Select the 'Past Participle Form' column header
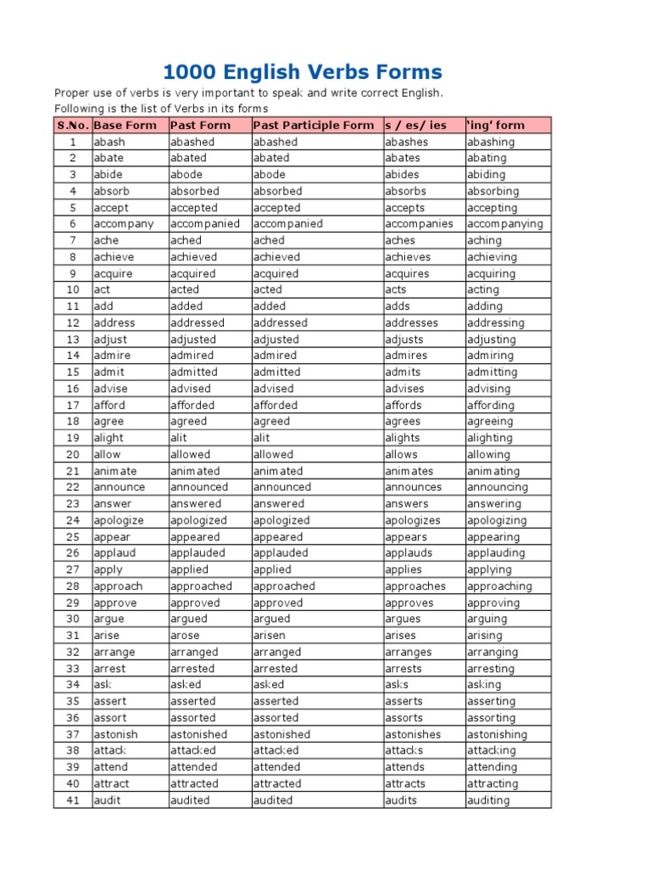coord(313,125)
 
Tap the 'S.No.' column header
coord(73,125)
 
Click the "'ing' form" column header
coord(496,125)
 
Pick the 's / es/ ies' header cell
coord(415,125)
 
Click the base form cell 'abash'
coord(109,142)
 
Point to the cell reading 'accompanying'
coord(504,224)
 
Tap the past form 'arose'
coord(186,636)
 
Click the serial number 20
coord(73,455)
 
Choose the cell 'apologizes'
coord(413,520)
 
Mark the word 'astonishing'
coord(497,734)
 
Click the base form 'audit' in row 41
coord(107,800)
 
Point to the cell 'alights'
coord(402,438)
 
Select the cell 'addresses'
coord(412,322)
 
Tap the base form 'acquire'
coord(113,273)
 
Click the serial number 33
coord(73,669)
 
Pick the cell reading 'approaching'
coord(499,586)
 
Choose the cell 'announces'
coord(414,487)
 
